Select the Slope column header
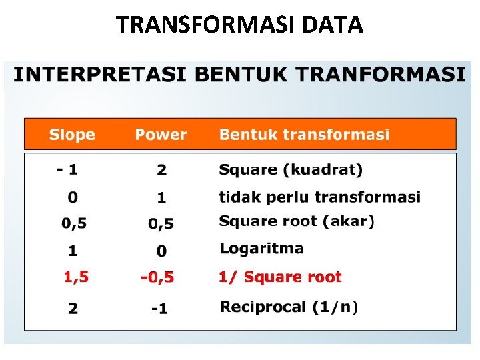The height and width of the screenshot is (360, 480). click(x=72, y=135)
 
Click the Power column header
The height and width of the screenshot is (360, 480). click(x=161, y=135)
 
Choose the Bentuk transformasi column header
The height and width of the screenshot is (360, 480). click(x=304, y=135)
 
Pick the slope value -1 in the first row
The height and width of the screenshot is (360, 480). click(x=67, y=169)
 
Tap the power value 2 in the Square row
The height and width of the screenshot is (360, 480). click(x=161, y=170)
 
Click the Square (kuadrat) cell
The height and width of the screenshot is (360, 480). click(x=291, y=170)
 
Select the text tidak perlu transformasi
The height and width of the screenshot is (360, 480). click(x=319, y=197)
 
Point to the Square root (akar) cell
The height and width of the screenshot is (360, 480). click(x=297, y=221)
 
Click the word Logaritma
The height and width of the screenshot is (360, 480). click(x=261, y=249)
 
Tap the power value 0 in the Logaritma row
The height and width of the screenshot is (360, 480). click(x=161, y=252)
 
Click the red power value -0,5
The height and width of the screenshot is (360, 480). click(x=157, y=277)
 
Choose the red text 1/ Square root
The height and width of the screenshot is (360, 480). click(x=280, y=277)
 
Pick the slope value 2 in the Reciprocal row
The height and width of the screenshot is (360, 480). click(x=73, y=309)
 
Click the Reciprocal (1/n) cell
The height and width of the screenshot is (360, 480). click(x=289, y=307)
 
